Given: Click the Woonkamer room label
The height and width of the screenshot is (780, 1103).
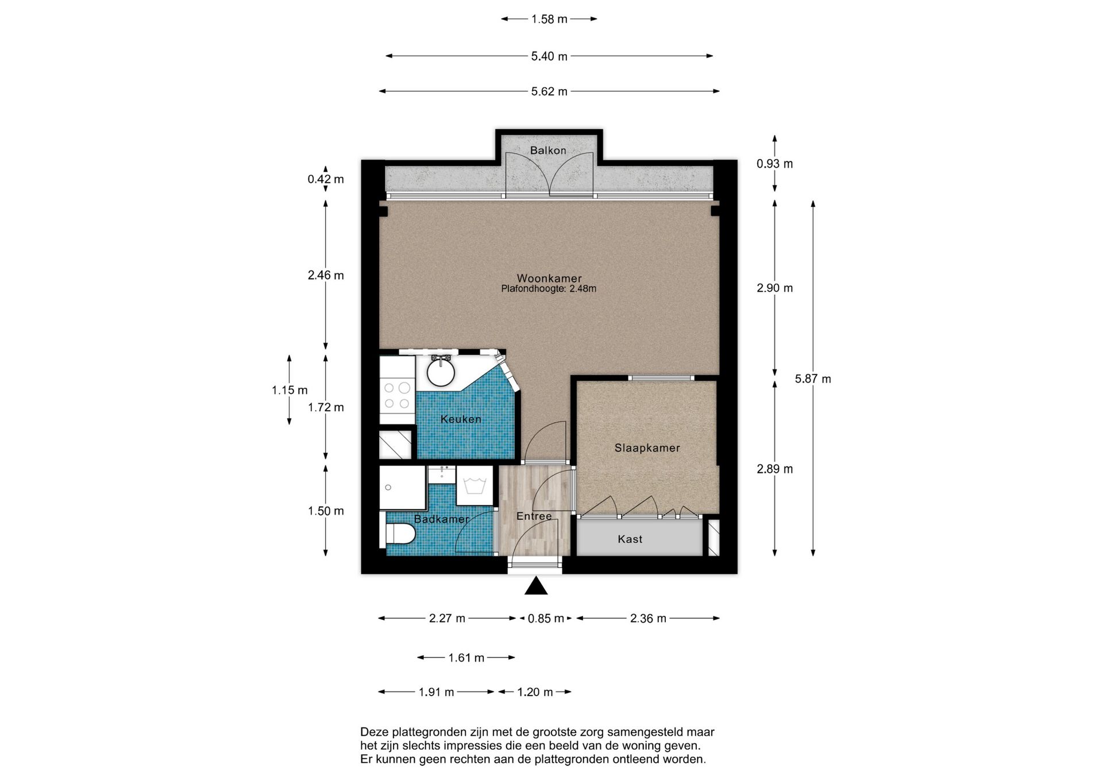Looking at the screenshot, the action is tap(549, 279).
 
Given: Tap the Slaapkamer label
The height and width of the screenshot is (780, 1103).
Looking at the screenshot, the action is tap(647, 448).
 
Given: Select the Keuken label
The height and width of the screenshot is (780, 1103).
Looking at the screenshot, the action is tap(461, 419).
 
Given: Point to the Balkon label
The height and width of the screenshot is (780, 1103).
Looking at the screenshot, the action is tap(548, 150).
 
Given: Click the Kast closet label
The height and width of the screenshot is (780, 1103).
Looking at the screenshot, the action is tap(630, 539).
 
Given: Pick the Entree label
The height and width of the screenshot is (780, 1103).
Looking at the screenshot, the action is tap(534, 516).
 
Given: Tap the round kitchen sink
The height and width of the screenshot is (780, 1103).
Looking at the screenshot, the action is tap(441, 372).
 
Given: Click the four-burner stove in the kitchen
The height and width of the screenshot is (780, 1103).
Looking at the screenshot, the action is tap(397, 396).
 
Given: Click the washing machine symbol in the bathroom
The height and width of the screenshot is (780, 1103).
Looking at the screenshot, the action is tap(475, 485).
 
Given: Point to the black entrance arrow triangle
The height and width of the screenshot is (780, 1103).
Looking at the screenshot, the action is tap(536, 585).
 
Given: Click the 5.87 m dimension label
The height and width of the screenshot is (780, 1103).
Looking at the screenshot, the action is tap(813, 379).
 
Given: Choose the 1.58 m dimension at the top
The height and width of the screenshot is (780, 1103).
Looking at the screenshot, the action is tap(549, 19).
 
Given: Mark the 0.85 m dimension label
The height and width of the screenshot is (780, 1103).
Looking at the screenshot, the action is tap(546, 619).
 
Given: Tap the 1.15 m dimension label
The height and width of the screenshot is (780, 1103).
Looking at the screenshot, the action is tap(290, 391).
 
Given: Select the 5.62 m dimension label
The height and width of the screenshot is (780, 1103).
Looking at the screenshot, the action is tap(549, 91).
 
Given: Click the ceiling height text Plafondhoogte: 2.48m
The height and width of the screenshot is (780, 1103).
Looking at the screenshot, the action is tap(549, 289).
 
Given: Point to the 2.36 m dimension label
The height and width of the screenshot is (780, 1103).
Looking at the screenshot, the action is tap(648, 619).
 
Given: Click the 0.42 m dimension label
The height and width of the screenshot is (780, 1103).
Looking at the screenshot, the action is tap(326, 179).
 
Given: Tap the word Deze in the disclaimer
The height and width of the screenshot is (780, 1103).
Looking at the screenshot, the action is tap(375, 732).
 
